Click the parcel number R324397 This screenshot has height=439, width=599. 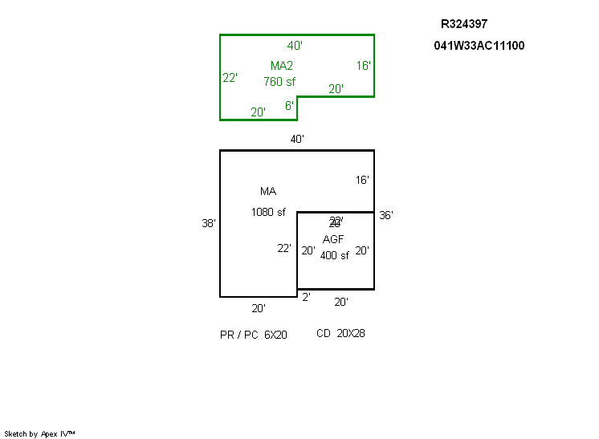464,24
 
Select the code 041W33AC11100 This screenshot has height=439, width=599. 479,46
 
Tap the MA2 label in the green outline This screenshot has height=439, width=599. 282,66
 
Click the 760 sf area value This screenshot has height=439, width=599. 279,81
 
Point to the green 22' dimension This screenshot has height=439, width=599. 230,78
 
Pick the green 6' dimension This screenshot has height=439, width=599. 289,106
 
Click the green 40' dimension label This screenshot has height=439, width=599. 295,46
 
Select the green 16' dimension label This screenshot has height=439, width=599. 364,66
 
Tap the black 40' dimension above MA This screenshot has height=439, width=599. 297,140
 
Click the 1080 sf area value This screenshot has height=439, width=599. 268,213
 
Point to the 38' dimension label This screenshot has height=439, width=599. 209,224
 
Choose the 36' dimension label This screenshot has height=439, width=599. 386,215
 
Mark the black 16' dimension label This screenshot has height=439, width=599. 363,181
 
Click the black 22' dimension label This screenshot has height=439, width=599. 284,249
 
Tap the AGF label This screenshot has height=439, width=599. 333,239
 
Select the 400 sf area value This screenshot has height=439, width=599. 335,256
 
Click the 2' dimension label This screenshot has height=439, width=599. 306,298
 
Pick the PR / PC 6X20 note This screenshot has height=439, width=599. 254,335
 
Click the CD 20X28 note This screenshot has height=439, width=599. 340,333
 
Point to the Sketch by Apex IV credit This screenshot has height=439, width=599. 40,433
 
